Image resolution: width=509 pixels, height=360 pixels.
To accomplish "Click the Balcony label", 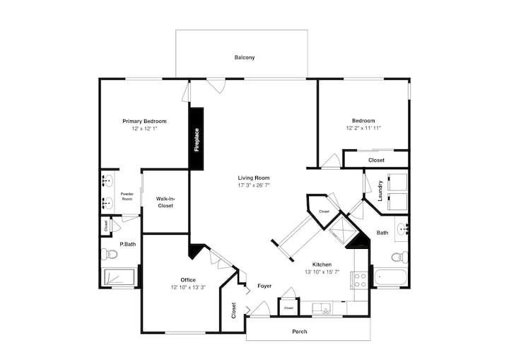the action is click(245, 57).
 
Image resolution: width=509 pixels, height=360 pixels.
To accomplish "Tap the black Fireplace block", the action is click(196, 139).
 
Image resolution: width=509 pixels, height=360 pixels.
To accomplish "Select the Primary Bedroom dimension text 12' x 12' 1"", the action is click(144, 129).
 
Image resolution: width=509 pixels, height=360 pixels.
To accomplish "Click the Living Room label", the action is click(254, 178).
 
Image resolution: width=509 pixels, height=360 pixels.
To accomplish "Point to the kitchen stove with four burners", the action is click(358, 280).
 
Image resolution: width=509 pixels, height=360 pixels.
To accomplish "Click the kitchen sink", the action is click(322, 308).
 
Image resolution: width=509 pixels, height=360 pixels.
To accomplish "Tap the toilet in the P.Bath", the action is click(109, 254).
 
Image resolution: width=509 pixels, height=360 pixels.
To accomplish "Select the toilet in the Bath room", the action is click(399, 257).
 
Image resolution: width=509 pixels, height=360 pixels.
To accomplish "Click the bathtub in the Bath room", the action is click(390, 277).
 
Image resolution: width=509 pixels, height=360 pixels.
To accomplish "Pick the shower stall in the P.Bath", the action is click(118, 277).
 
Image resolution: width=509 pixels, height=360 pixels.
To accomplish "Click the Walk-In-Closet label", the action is click(165, 202).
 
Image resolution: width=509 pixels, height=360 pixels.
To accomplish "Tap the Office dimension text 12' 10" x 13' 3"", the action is click(188, 287).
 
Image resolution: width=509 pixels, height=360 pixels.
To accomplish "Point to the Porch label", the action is click(299, 332).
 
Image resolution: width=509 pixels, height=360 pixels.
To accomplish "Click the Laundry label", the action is click(380, 191).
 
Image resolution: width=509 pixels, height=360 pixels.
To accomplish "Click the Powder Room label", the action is click(127, 196).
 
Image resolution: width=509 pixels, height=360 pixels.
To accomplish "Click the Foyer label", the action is click(264, 286).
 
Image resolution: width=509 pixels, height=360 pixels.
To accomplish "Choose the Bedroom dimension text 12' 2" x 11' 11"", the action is click(363, 128).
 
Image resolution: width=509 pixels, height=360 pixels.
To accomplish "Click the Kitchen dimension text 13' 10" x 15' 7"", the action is click(322, 272).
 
